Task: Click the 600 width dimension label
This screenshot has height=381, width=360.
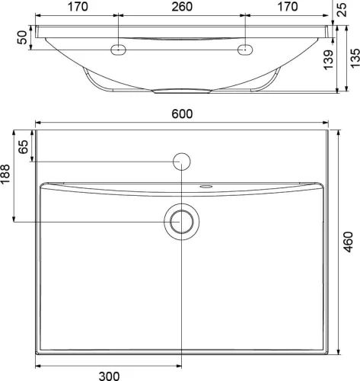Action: coord(182,114)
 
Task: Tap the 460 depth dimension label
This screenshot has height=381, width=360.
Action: coord(349,242)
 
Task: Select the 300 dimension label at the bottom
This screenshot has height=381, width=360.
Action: coord(109,376)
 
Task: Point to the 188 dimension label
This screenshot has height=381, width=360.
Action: coord(5,174)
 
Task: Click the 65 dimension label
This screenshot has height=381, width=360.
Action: coord(24,147)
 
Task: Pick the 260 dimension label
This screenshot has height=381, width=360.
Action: coord(182,7)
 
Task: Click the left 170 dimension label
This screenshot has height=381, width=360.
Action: coord(78,7)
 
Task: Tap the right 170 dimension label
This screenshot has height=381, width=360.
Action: coord(288,7)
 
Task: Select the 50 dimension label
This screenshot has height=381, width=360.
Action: coord(22,37)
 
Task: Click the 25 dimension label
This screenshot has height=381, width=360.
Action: coord(342,10)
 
